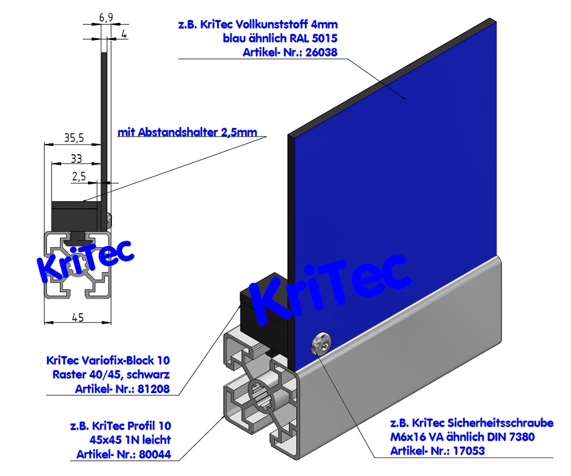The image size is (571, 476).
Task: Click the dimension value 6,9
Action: [x=106, y=17]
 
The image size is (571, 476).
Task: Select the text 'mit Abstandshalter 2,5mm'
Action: [x=187, y=133]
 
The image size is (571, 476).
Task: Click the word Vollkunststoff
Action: [x=275, y=25]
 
